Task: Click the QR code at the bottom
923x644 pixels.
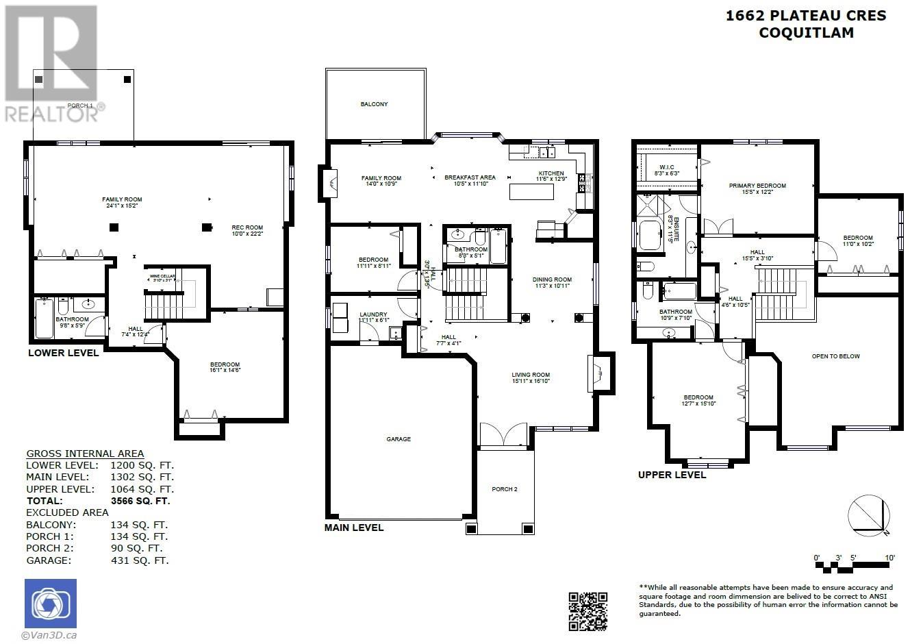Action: coord(587,610)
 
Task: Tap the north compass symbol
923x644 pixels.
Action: coord(868,514)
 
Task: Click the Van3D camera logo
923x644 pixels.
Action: coord(51,604)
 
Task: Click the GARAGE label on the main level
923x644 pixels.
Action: coord(399,439)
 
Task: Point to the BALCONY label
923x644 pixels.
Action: coord(374,104)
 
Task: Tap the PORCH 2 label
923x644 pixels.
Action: coord(505,489)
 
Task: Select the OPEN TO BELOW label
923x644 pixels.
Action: coord(835,356)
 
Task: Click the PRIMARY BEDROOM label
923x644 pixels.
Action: coord(757,186)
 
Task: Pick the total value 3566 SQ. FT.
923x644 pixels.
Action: coord(140,501)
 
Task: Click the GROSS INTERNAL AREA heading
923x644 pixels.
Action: coord(85,454)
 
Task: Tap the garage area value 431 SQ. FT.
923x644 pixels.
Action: coord(139,560)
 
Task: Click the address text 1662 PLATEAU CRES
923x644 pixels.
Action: coord(805,16)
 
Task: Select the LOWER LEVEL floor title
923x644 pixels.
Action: coord(63,353)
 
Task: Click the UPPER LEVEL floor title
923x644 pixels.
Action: coord(672,475)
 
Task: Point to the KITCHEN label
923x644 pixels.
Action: coord(551,173)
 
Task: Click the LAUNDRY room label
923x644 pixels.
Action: coord(373,314)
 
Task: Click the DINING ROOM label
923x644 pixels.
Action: coord(552,280)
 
